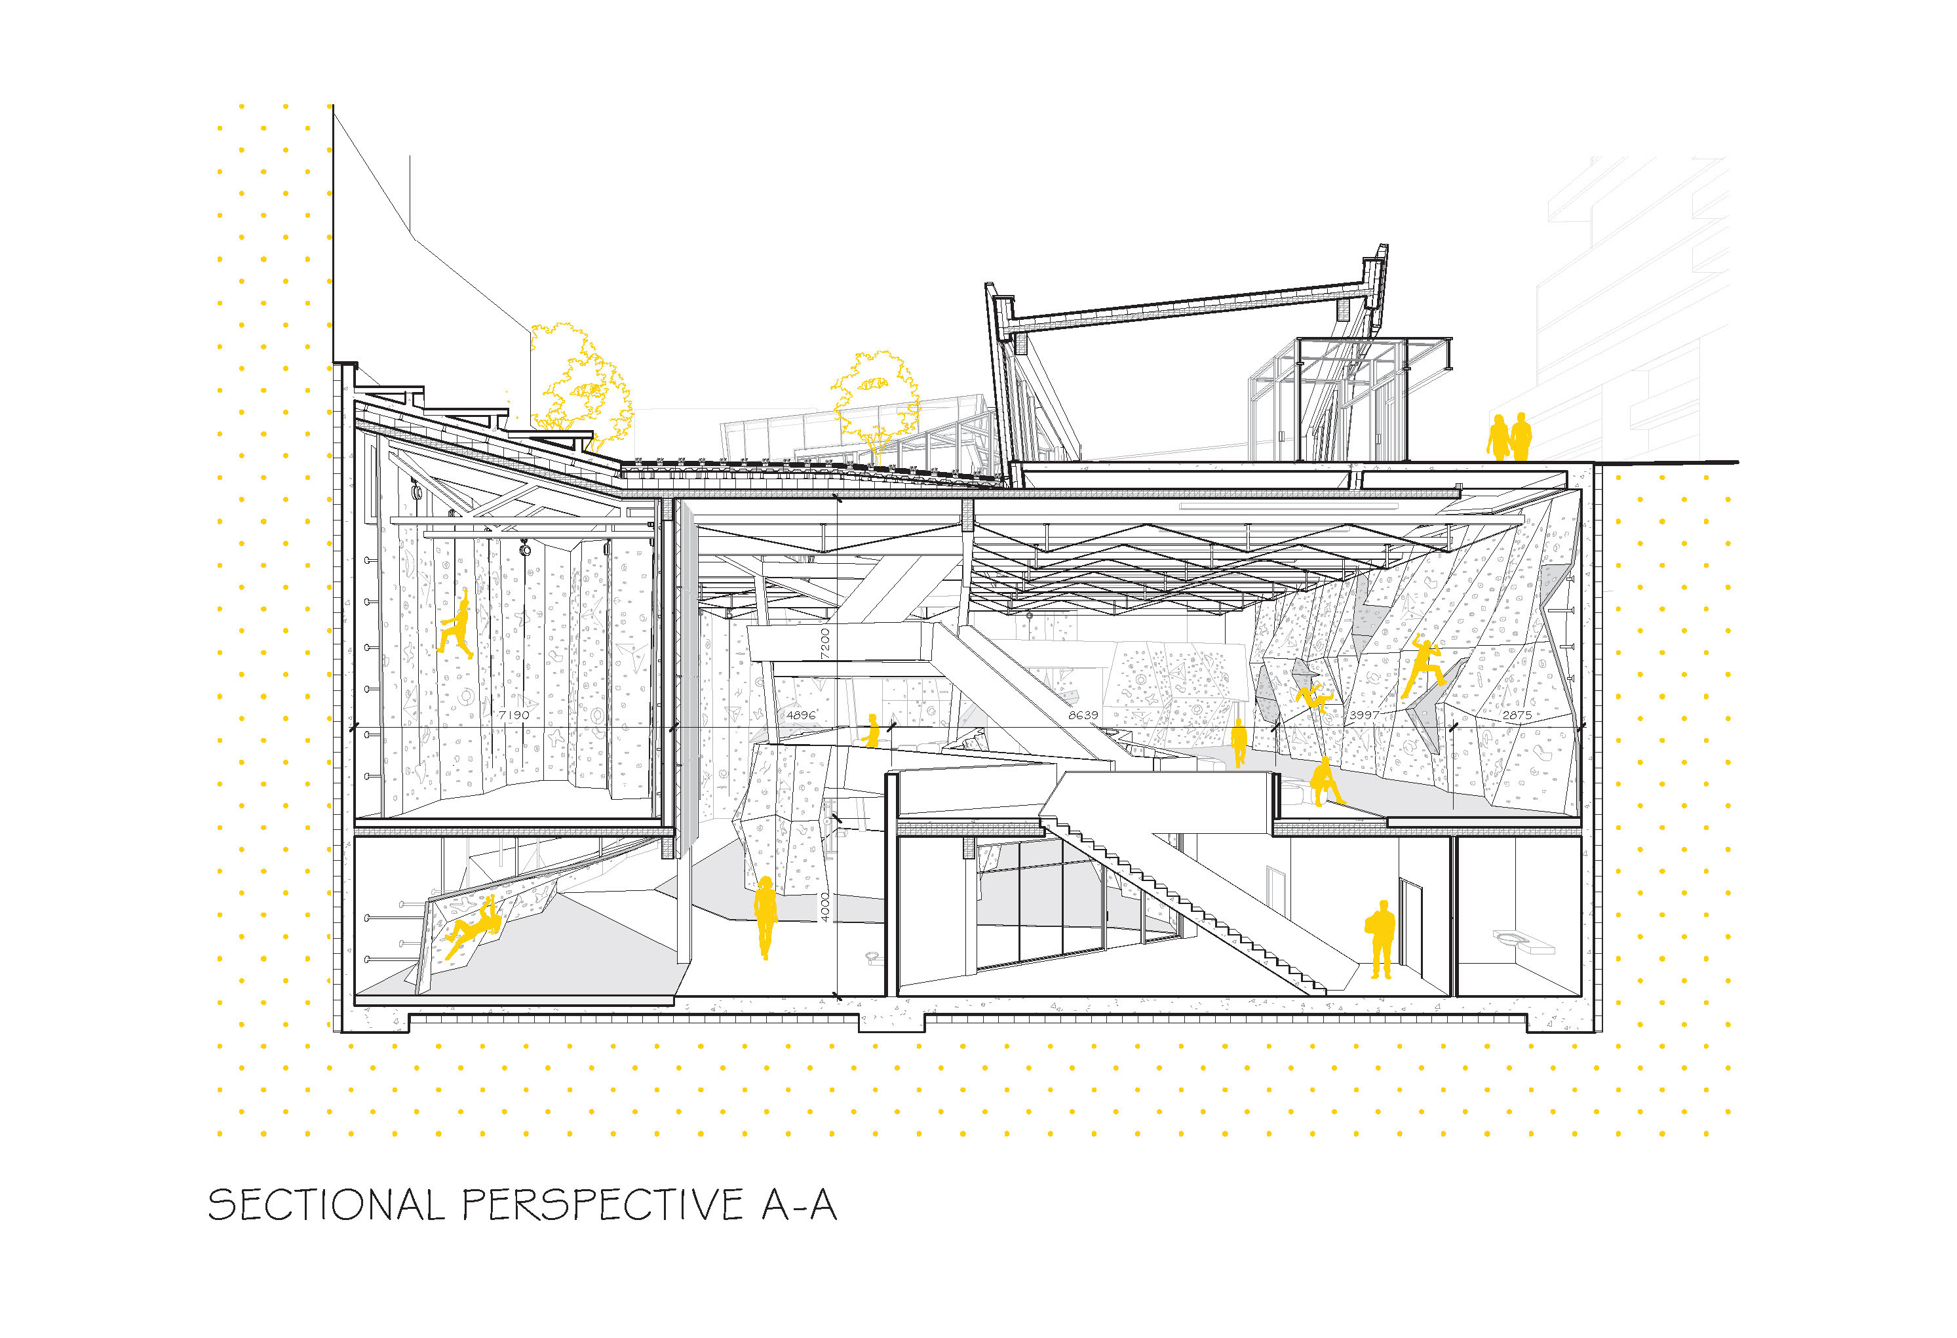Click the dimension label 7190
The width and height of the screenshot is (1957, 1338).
[514, 715]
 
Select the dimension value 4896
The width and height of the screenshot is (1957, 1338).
[801, 715]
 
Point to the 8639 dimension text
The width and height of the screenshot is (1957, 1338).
[1083, 715]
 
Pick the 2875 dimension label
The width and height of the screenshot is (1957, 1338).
[1517, 715]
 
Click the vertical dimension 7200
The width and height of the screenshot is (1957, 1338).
[825, 642]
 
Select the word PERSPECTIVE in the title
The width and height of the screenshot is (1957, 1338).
[603, 1205]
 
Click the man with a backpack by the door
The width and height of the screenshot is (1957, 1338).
[1380, 939]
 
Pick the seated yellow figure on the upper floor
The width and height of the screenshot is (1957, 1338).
[1325, 782]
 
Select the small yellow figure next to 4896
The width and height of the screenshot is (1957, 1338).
[872, 730]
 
